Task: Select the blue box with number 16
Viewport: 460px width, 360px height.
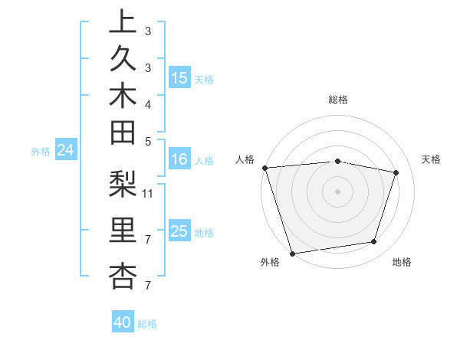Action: pos(179,159)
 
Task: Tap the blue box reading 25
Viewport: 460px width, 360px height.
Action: pos(179,231)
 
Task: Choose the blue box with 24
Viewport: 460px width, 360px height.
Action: pos(66,151)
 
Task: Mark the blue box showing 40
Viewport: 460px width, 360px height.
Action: pos(123,322)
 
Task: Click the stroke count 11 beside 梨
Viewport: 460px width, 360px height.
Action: pos(149,193)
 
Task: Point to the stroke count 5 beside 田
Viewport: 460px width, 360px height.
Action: pos(148,140)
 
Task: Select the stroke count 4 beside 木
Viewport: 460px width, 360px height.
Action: pos(148,103)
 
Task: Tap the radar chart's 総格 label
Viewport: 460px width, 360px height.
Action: pos(337,100)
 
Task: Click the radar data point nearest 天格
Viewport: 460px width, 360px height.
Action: pos(396,172)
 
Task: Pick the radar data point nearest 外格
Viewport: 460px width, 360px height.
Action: pos(292,253)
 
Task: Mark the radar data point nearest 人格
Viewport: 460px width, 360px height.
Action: pos(264,168)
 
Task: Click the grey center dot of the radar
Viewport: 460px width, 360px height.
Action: pos(337,191)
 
